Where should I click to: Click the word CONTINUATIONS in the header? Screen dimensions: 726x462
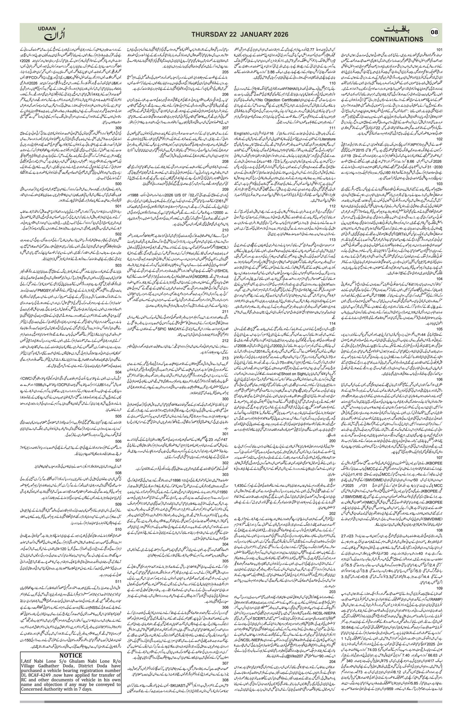(x=397, y=39)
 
